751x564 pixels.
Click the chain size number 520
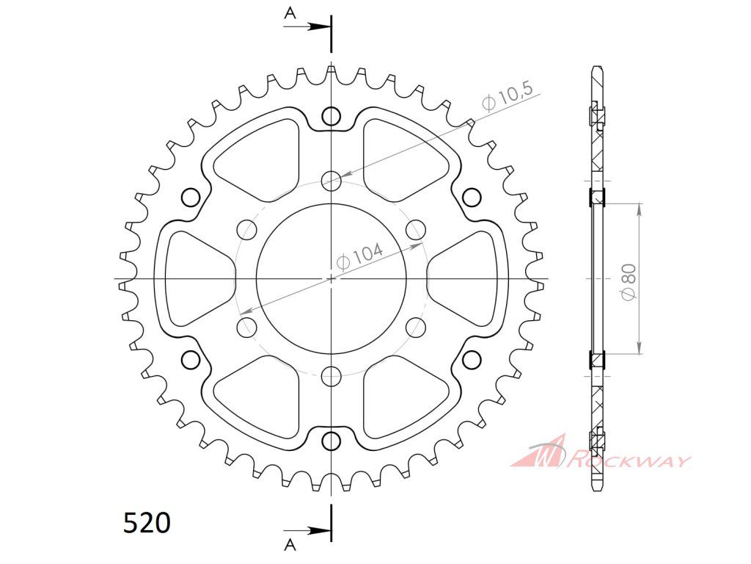(x=147, y=523)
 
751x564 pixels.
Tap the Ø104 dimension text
(x=359, y=257)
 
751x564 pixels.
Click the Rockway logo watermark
(x=601, y=452)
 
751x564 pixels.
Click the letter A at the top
(x=290, y=13)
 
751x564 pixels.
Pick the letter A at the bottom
(x=290, y=544)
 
